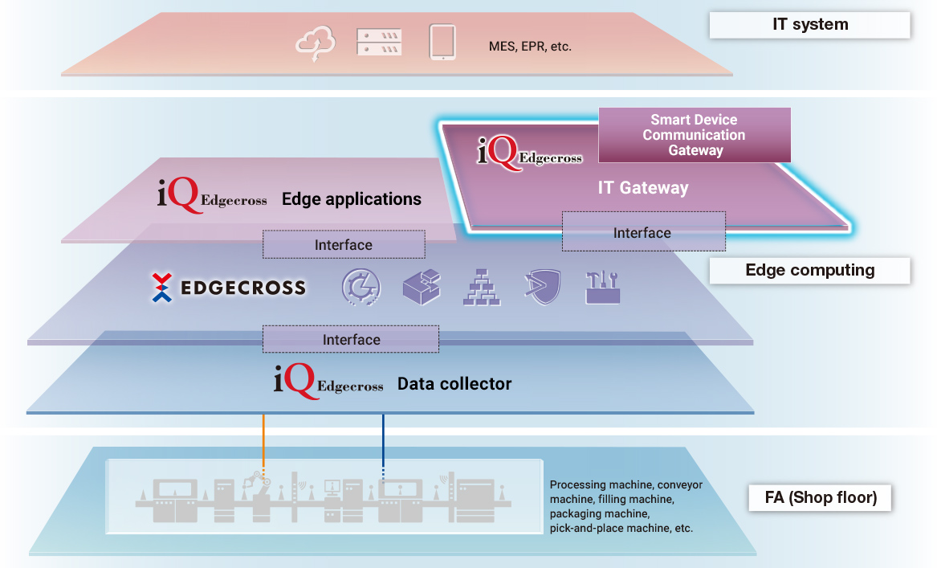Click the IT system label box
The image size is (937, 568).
pyautogui.click(x=809, y=25)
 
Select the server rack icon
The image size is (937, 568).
pyautogui.click(x=378, y=43)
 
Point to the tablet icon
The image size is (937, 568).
pyautogui.click(x=442, y=43)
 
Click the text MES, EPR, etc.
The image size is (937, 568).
pyautogui.click(x=530, y=47)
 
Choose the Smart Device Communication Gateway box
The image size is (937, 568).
pyautogui.click(x=695, y=135)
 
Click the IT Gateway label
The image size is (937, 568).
pyautogui.click(x=643, y=188)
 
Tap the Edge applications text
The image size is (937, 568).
pyautogui.click(x=351, y=199)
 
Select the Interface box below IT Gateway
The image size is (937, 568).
pyautogui.click(x=643, y=232)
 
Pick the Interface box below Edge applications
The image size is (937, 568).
pyautogui.click(x=344, y=244)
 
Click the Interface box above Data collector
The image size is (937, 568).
pyautogui.click(x=351, y=339)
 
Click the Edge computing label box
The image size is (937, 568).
pyautogui.click(x=809, y=270)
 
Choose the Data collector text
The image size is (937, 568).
pyautogui.click(x=454, y=384)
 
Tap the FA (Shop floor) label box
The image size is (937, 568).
pyautogui.click(x=821, y=497)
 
